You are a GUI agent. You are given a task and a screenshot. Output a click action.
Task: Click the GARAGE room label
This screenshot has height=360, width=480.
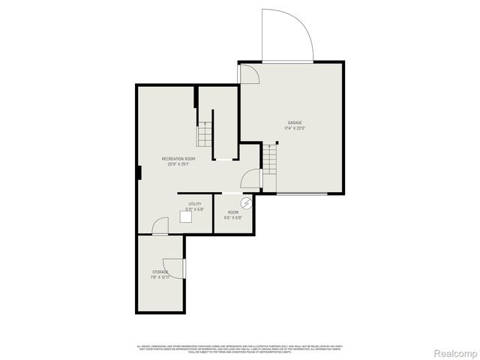pos(295,122)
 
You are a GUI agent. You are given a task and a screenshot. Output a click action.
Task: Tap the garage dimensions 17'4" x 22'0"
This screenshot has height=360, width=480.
pos(295,128)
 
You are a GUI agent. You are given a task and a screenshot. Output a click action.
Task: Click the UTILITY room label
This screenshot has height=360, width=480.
pos(194,204)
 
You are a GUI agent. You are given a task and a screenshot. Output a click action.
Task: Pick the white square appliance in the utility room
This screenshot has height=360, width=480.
pos(185,217)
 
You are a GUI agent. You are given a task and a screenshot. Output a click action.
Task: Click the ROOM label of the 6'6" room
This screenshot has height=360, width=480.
pos(233,212)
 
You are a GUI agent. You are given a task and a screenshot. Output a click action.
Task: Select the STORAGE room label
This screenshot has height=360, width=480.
pos(160,271)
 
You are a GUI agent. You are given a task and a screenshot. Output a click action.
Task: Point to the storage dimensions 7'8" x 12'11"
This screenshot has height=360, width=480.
pos(160,277)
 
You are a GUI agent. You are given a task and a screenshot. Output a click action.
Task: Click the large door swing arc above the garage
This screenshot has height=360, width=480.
pos(288,34)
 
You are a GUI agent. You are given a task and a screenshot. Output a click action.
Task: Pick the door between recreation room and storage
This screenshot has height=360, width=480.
pos(160,227)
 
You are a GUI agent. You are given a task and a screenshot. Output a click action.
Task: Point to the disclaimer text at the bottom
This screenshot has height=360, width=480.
pos(240,349)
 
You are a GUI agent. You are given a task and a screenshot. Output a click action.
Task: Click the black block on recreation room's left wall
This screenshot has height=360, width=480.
pos(139,172)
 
